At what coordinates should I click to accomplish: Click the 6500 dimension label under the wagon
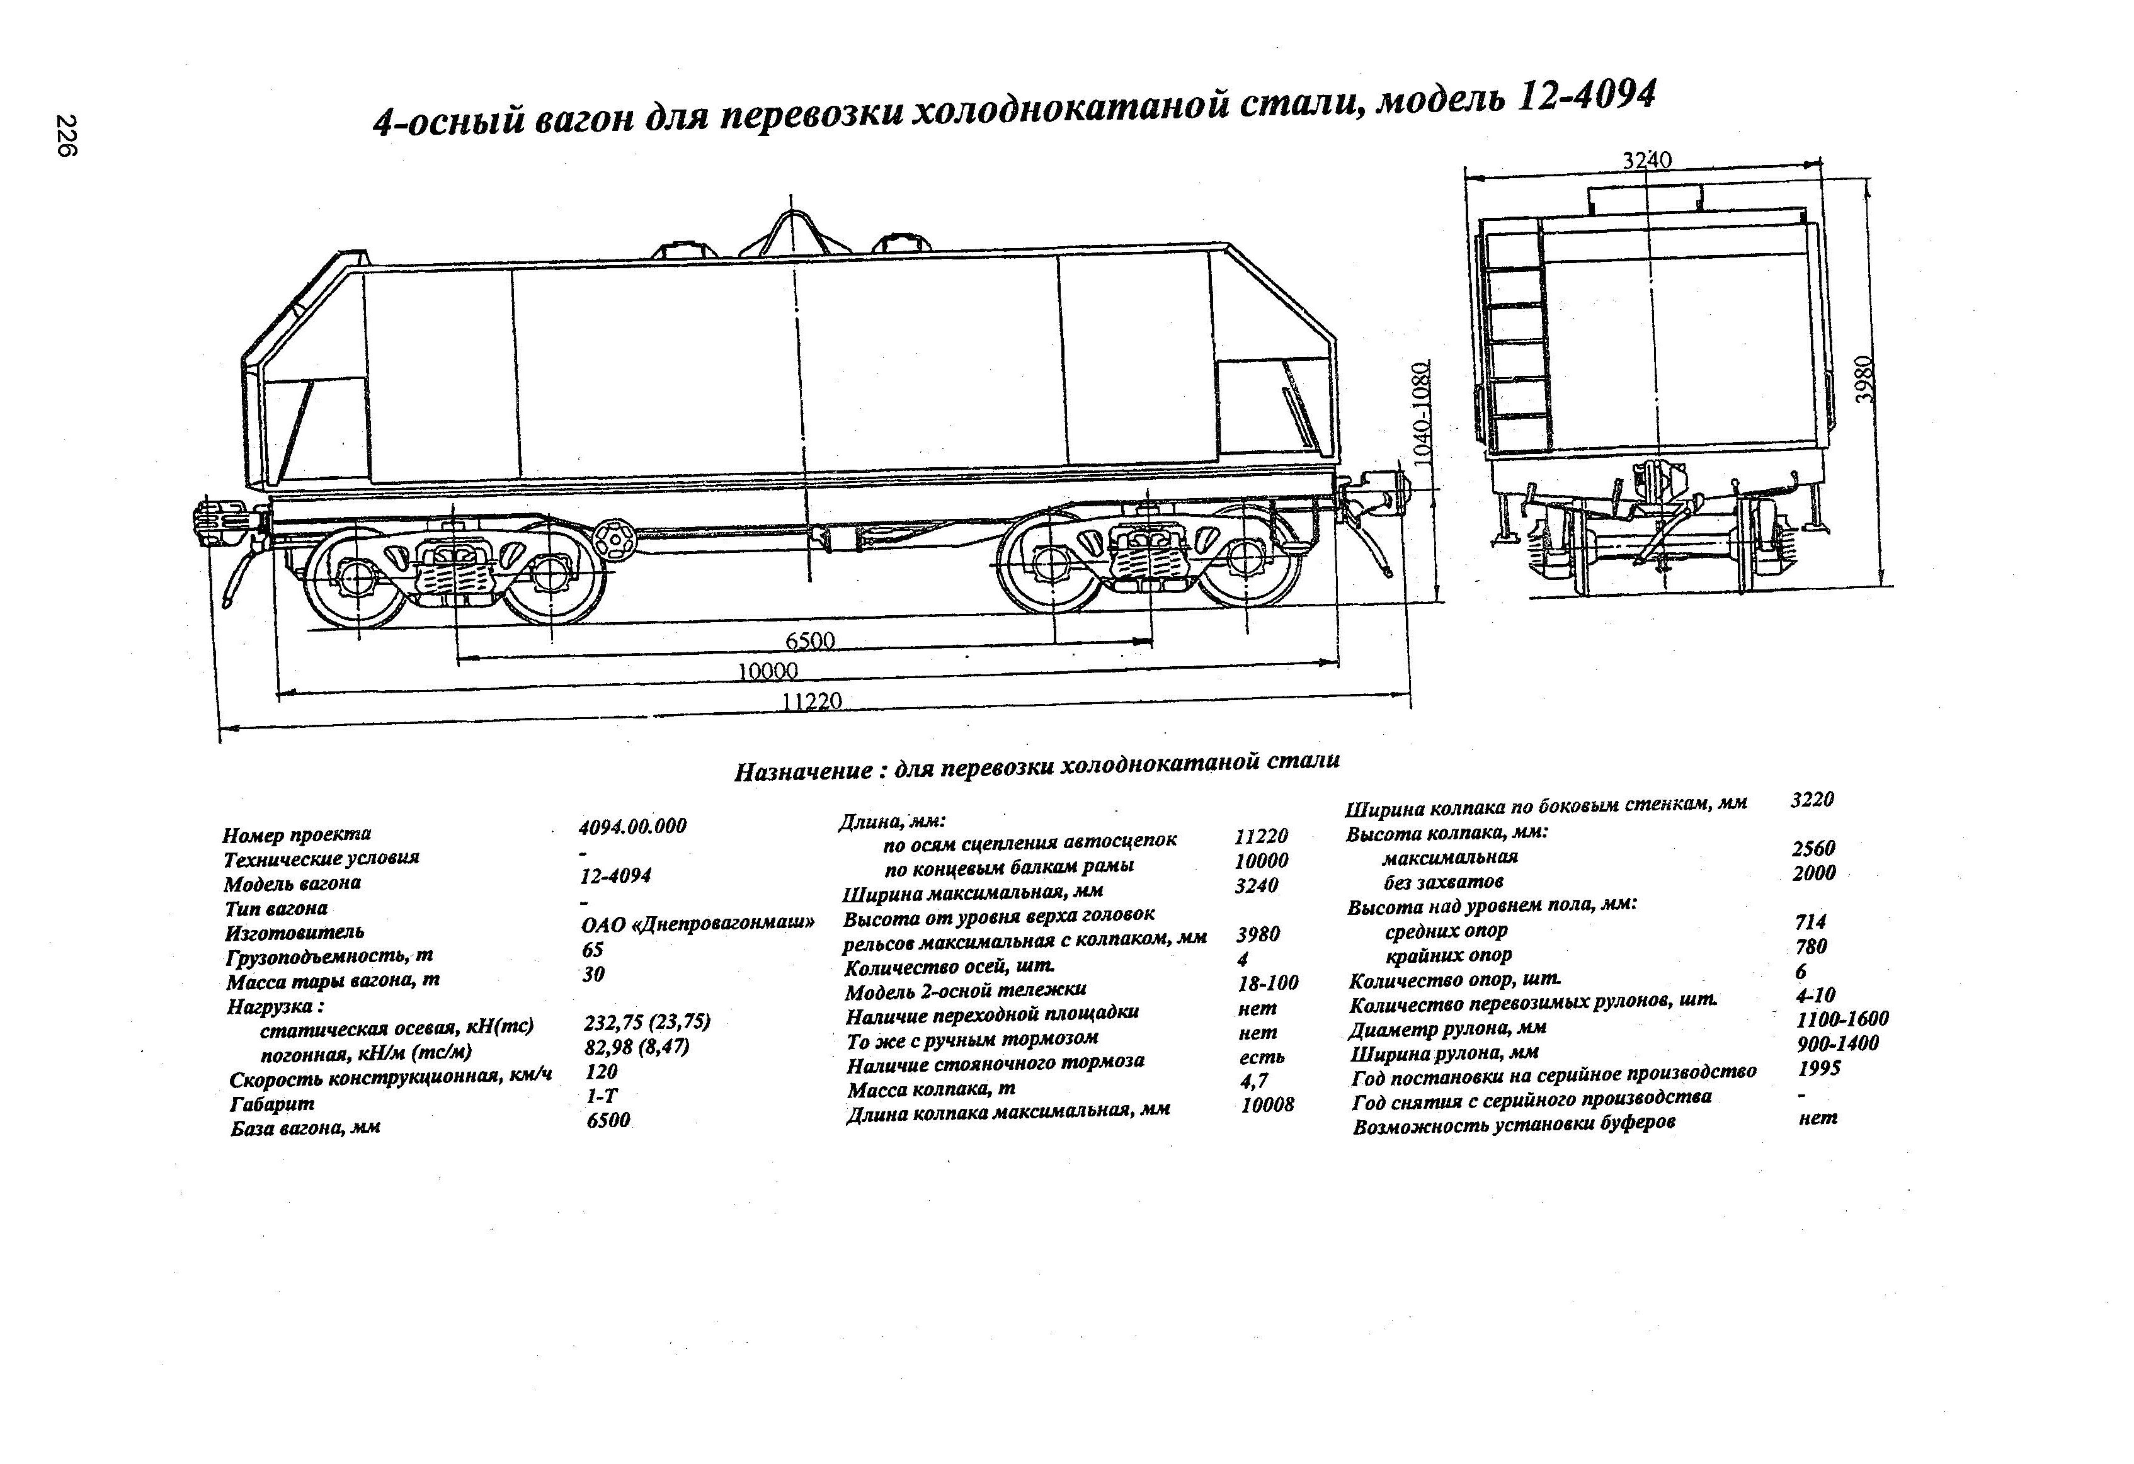pyautogui.click(x=810, y=640)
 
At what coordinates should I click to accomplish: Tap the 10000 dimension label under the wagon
pyautogui.click(x=768, y=671)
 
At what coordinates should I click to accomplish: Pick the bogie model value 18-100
pyautogui.click(x=1268, y=983)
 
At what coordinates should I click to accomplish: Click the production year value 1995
pyautogui.click(x=1819, y=1069)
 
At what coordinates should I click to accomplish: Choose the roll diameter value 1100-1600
pyautogui.click(x=1842, y=1019)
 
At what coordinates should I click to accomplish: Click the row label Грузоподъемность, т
pyautogui.click(x=329, y=956)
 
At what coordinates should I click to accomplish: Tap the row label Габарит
pyautogui.click(x=272, y=1103)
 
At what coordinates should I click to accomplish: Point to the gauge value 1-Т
pyautogui.click(x=602, y=1095)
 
